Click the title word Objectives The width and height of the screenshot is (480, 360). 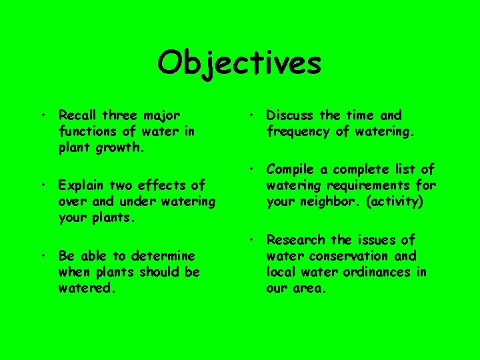tap(239, 64)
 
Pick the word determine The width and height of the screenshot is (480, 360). tap(163, 256)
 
